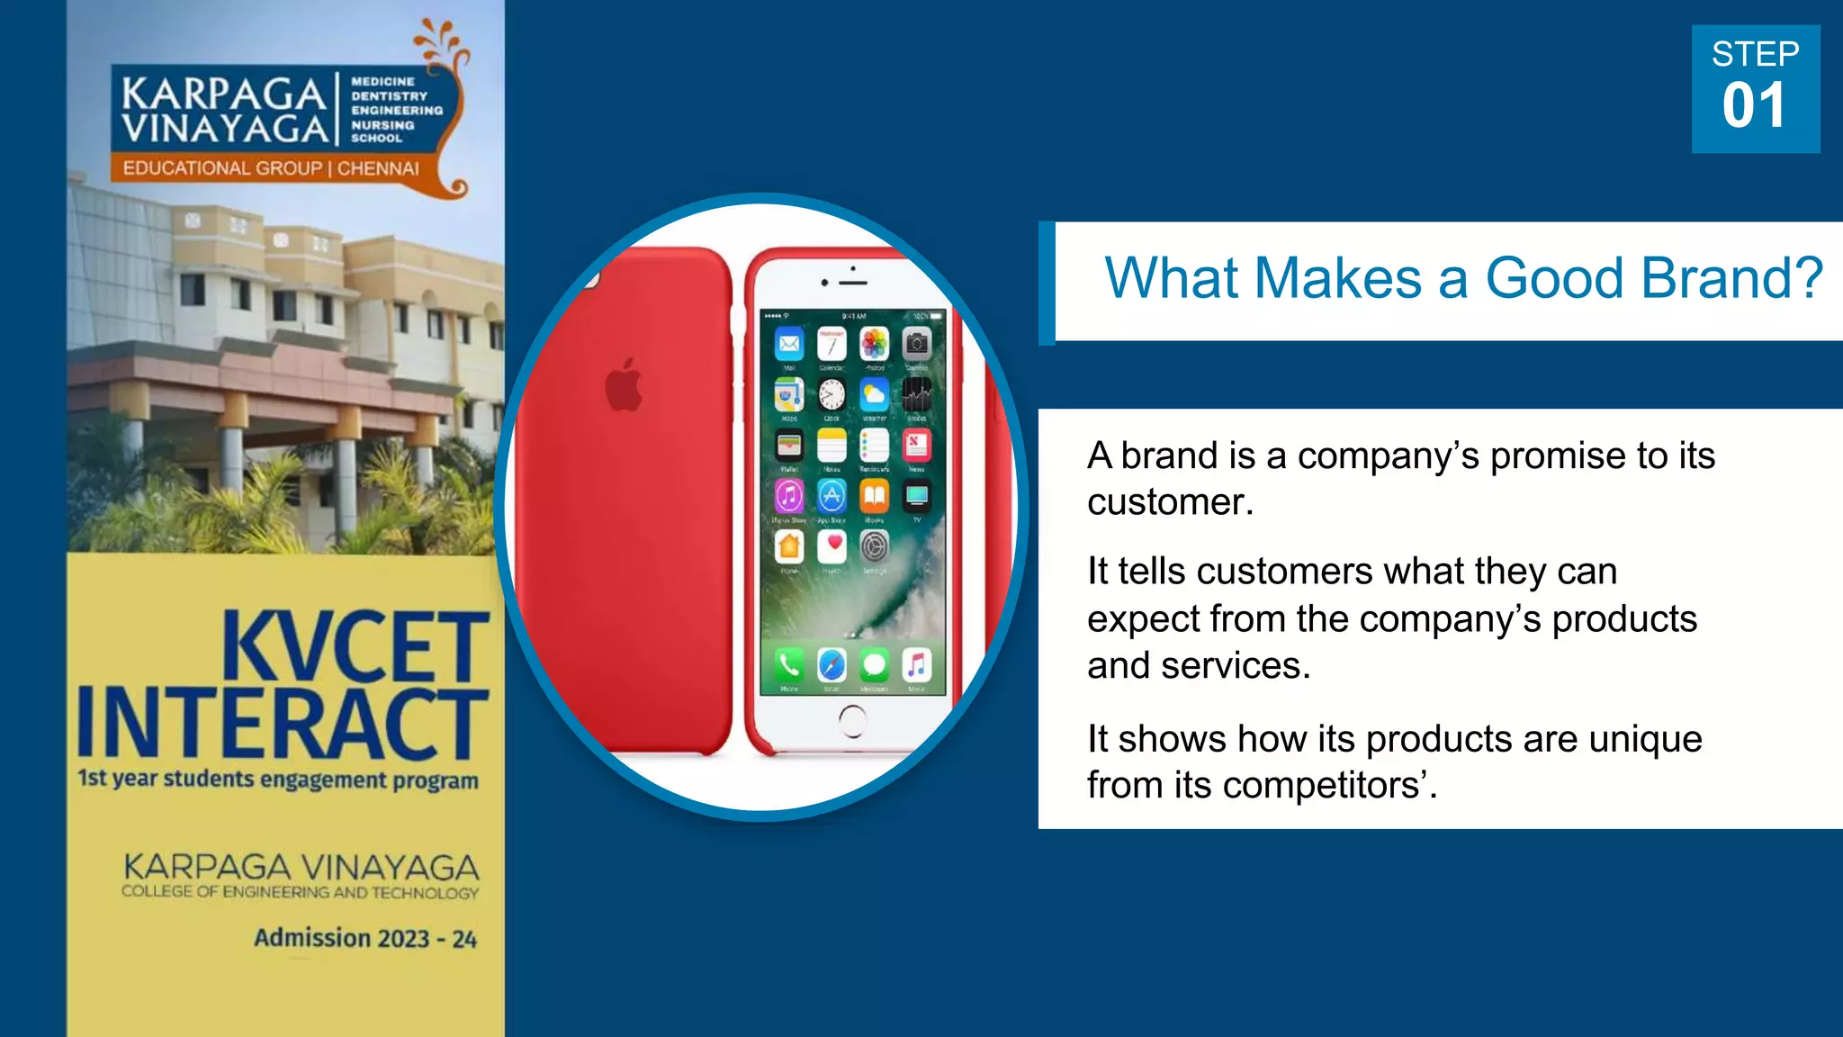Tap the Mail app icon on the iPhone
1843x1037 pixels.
tap(789, 344)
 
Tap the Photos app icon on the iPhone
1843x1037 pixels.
tap(874, 344)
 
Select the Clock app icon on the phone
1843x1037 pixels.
tap(832, 394)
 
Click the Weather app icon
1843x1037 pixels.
tap(874, 394)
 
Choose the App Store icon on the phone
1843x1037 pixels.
tap(832, 495)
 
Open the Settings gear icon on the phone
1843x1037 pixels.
tap(875, 546)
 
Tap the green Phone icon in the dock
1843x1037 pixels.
tap(789, 665)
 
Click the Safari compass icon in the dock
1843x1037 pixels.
tap(832, 665)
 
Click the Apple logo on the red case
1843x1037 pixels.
tap(624, 385)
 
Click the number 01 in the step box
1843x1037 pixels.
tap(1754, 106)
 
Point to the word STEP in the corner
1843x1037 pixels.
tap(1755, 54)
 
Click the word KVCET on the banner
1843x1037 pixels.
tap(355, 646)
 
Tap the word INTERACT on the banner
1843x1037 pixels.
tap(283, 723)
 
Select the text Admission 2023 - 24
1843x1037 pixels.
tap(365, 938)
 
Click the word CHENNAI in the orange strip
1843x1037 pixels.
tap(378, 168)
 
